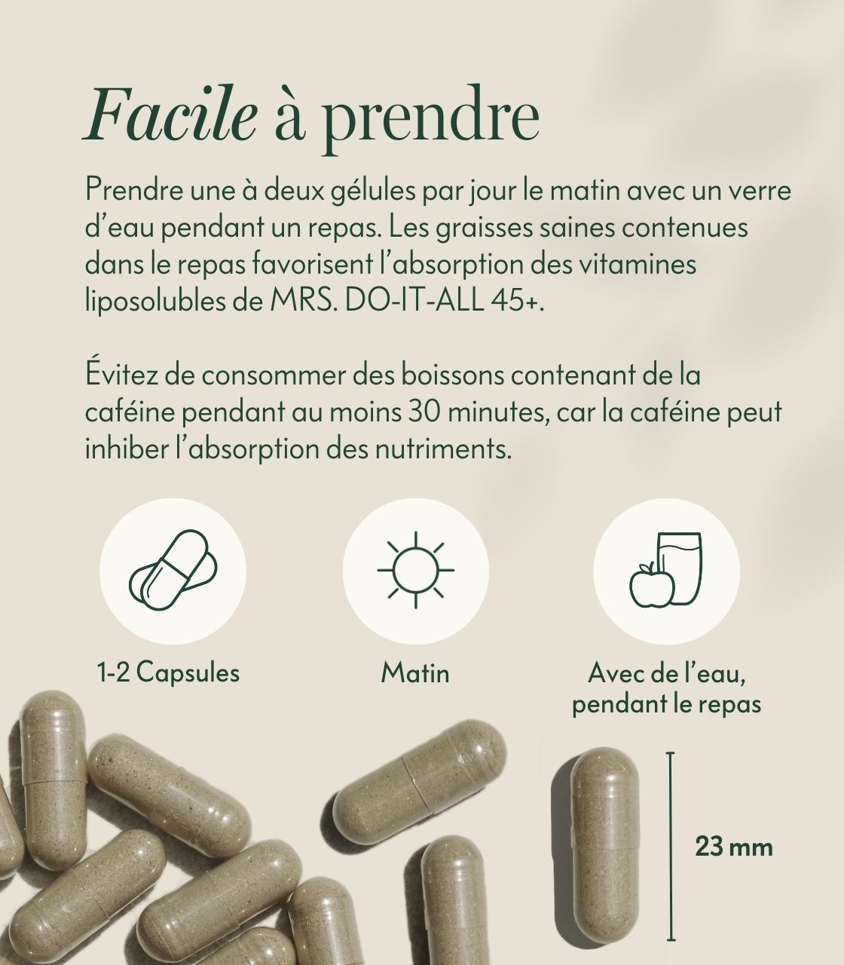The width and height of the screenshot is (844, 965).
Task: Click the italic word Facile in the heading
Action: [x=171, y=113]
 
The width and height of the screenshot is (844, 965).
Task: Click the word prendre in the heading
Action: [x=431, y=120]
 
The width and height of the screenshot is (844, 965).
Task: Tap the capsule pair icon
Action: [x=173, y=570]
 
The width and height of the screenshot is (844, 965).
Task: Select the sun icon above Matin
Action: [x=415, y=570]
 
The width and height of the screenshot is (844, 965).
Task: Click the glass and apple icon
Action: [x=665, y=569]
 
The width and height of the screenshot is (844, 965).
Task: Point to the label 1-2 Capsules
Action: [x=168, y=672]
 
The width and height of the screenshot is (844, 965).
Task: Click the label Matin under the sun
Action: [x=415, y=672]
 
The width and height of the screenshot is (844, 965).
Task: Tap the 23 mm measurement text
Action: [x=734, y=847]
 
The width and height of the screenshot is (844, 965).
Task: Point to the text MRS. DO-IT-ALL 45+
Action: [x=408, y=301]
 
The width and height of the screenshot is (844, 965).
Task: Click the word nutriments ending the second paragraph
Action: [x=443, y=449]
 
